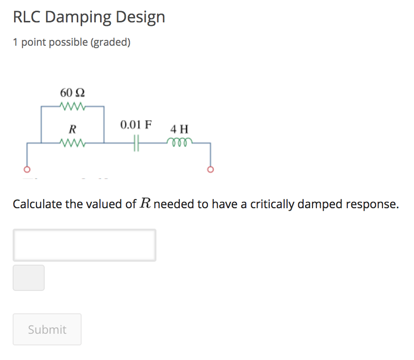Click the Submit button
click(x=47, y=329)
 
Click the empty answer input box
click(x=85, y=245)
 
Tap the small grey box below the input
click(x=29, y=278)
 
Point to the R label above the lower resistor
click(x=72, y=129)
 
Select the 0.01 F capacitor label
click(x=136, y=125)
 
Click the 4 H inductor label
click(x=179, y=129)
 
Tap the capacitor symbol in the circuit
click(x=136, y=143)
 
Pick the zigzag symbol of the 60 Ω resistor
click(x=73, y=106)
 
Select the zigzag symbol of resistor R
click(x=73, y=143)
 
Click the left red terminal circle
click(x=27, y=170)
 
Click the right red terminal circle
click(x=210, y=170)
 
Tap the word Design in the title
click(x=140, y=18)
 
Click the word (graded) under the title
click(x=110, y=43)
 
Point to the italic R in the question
click(x=145, y=204)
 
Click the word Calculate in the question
click(x=37, y=204)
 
